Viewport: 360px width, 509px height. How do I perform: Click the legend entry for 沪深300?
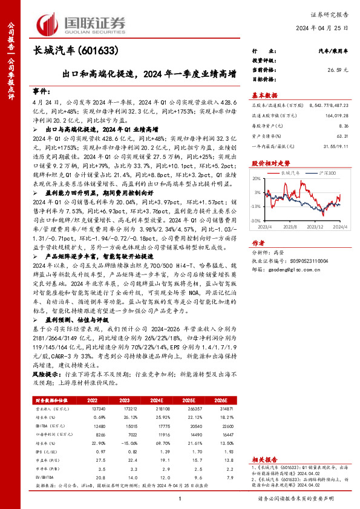pyautogui.click(x=326, y=173)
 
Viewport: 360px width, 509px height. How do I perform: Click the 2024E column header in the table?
pyautogui.click(x=174, y=400)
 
